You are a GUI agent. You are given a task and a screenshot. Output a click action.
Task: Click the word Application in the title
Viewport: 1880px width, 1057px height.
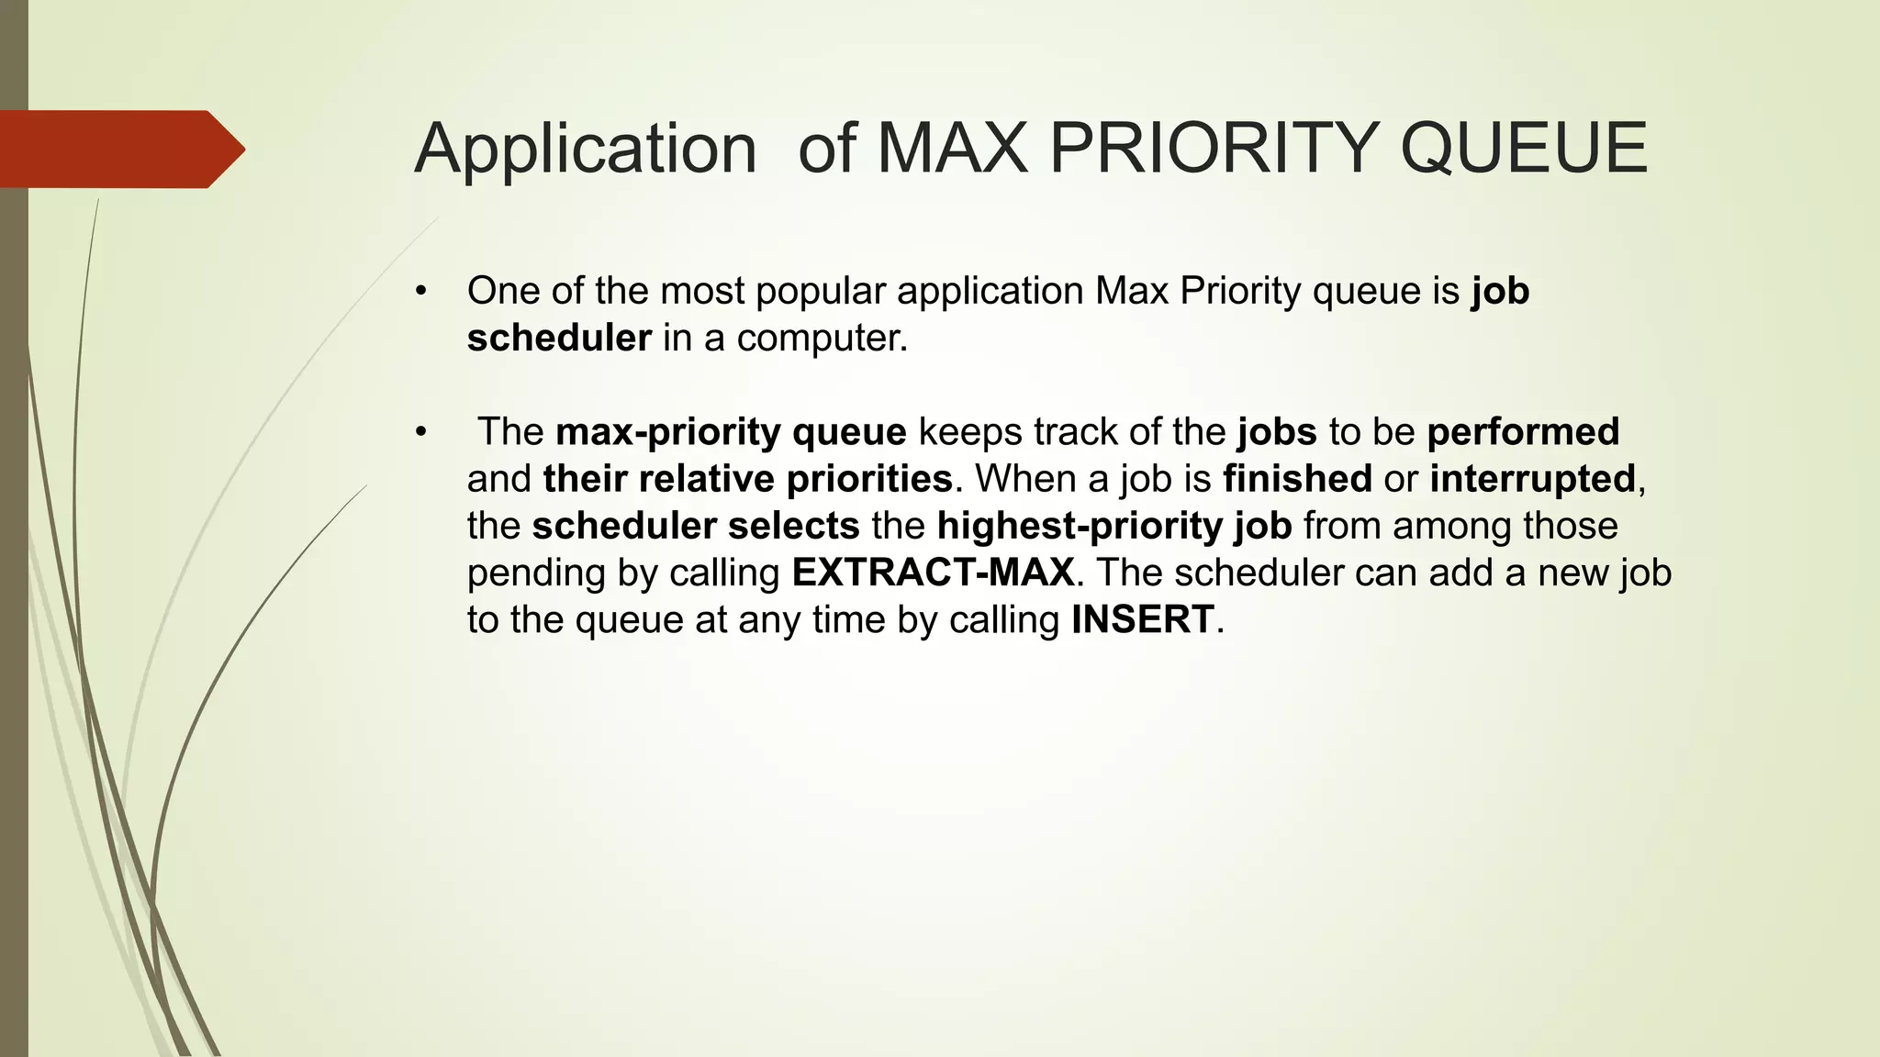coord(585,149)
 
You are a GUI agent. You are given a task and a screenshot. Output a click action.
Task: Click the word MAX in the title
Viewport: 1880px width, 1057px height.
coord(952,149)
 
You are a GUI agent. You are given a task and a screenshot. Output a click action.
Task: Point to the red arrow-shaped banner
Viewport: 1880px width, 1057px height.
coord(119,149)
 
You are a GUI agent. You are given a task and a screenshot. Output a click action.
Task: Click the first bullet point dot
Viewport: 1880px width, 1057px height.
coord(421,292)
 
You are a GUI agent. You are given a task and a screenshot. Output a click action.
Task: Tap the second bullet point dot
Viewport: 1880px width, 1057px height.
coord(421,432)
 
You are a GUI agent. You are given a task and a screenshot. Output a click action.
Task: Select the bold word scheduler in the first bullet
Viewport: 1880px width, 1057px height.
coord(559,338)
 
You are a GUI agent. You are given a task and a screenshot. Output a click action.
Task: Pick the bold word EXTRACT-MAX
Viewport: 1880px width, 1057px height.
coord(933,573)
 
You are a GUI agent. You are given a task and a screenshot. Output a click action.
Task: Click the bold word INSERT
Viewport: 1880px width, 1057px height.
coord(1142,619)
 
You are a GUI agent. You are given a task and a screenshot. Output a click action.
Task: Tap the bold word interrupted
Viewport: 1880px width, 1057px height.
coord(1532,479)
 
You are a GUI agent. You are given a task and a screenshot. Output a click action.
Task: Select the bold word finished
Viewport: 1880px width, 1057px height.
coord(1297,479)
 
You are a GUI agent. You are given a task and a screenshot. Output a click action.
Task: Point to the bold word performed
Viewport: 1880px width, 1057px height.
coord(1523,432)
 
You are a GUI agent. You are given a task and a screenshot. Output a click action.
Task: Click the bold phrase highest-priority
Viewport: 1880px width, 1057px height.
coord(1080,526)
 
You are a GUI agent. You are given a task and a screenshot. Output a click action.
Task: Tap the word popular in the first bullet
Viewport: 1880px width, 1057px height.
coord(820,292)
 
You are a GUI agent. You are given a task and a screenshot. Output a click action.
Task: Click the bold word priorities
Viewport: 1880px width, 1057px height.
coord(868,479)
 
